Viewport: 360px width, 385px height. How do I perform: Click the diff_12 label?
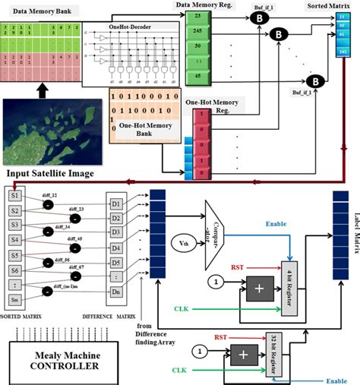coord(50,195)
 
